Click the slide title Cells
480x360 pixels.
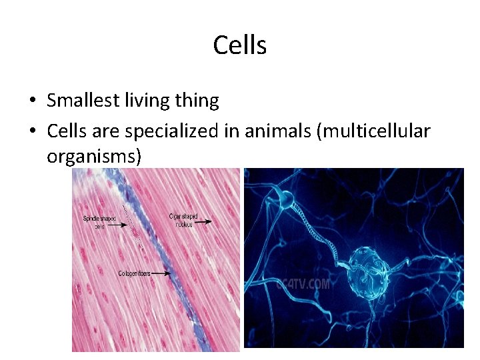[240, 45]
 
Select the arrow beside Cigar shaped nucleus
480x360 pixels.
[204, 221]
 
